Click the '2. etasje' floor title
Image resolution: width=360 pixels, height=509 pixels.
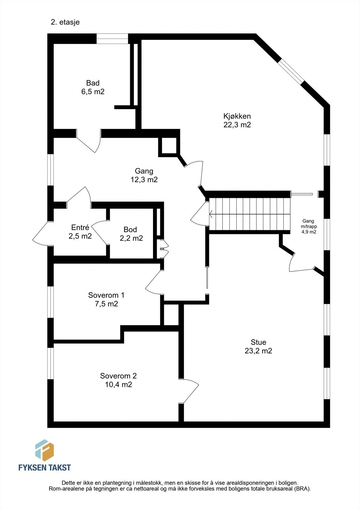pyautogui.click(x=65, y=22)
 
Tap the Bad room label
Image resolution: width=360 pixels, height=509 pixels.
pyautogui.click(x=93, y=87)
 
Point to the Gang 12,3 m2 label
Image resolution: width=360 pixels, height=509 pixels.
pyautogui.click(x=144, y=175)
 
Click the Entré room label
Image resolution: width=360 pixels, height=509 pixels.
pyautogui.click(x=80, y=232)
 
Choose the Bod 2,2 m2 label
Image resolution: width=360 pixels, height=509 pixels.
pyautogui.click(x=131, y=234)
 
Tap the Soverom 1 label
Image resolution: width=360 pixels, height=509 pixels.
pyautogui.click(x=106, y=299)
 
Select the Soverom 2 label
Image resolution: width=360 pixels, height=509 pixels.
pyautogui.click(x=118, y=380)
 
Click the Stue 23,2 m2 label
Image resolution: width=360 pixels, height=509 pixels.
pyautogui.click(x=258, y=347)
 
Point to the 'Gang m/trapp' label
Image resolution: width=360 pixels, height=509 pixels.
pyautogui.click(x=309, y=226)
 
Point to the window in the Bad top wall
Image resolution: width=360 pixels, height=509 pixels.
pyautogui.click(x=112, y=38)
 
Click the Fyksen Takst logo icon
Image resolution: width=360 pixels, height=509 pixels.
pyautogui.click(x=44, y=450)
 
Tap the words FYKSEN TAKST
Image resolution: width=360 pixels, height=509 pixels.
pyautogui.click(x=45, y=467)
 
